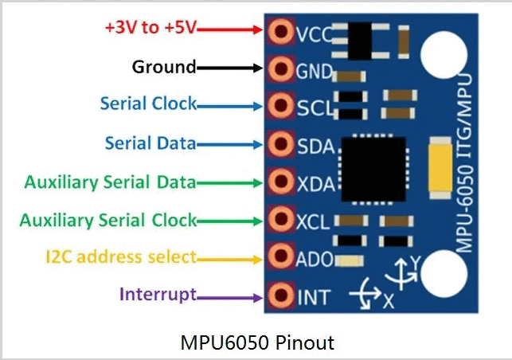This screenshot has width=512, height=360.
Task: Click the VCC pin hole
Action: [x=280, y=31]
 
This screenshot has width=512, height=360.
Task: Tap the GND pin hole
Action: [x=280, y=69]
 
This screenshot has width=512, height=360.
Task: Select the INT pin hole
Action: [x=280, y=295]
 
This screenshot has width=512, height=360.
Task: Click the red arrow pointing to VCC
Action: [x=229, y=29]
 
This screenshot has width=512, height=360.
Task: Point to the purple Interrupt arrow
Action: [x=229, y=298]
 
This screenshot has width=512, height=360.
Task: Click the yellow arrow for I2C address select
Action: [x=229, y=260]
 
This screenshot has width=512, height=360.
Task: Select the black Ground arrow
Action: [x=229, y=68]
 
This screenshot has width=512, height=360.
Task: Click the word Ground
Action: [x=164, y=67]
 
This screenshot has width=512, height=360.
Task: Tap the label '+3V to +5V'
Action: [x=150, y=27]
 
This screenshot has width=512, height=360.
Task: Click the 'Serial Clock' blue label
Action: [x=148, y=104]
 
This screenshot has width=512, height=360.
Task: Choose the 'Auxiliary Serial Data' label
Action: [x=110, y=182]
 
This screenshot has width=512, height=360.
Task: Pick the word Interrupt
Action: [x=158, y=294]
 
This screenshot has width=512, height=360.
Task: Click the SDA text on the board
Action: [x=316, y=147]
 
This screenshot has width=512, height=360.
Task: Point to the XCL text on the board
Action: [x=312, y=222]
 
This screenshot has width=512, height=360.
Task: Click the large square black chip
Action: [x=373, y=169]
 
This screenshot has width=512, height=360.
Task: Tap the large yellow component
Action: [x=440, y=168]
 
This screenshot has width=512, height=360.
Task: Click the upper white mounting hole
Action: [x=444, y=54]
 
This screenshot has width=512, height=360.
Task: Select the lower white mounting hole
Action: [x=444, y=274]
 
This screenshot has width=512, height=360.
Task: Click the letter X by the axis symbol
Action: [x=389, y=301]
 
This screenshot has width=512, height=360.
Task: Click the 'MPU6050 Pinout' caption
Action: [x=257, y=342]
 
